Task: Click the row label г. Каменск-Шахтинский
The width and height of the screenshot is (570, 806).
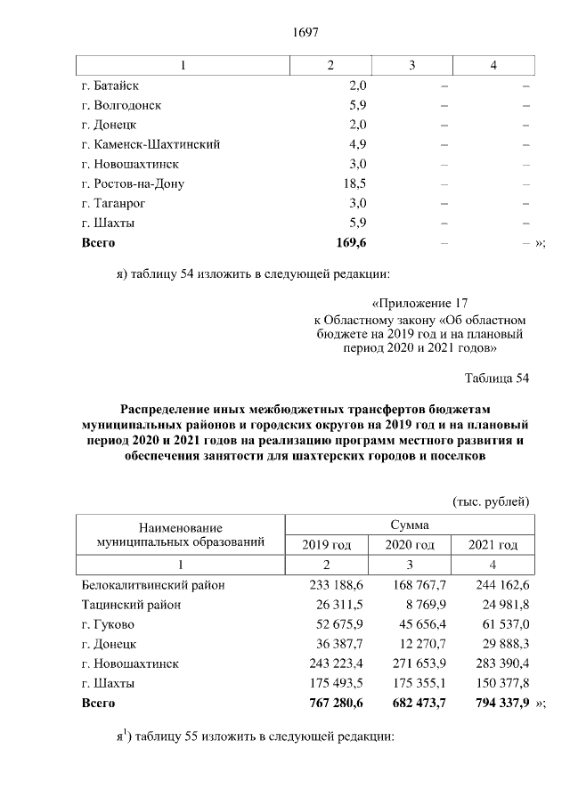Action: click(x=150, y=144)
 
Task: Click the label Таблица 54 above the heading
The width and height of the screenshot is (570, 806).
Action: click(x=498, y=379)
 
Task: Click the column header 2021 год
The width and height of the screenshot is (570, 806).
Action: click(x=493, y=545)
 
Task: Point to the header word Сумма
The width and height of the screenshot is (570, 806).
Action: click(x=410, y=525)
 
